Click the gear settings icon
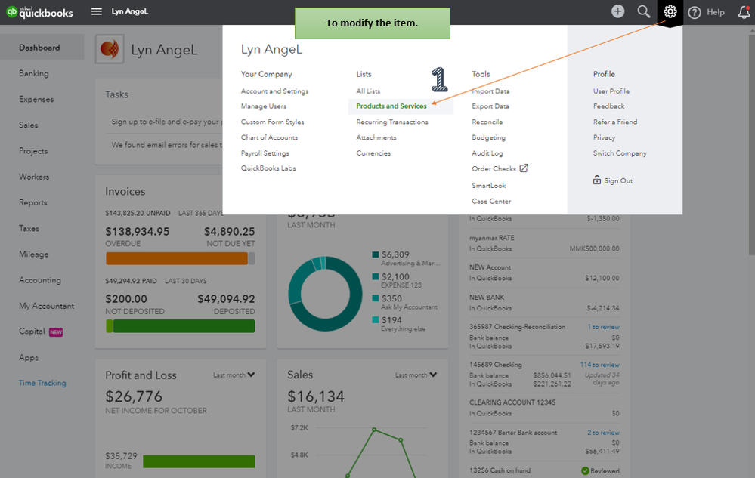tap(670, 11)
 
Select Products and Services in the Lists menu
tap(391, 106)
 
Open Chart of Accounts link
tap(269, 137)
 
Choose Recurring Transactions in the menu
tap(392, 122)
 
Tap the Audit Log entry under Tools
tap(487, 153)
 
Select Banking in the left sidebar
tap(34, 73)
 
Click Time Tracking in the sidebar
tap(42, 384)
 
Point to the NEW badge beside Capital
tap(56, 332)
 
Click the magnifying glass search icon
tap(644, 11)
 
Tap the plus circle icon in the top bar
tap(617, 11)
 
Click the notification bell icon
tap(744, 12)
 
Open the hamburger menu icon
tap(96, 11)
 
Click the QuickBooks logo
tap(39, 12)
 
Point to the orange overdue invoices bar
tap(177, 259)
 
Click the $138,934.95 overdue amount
tap(138, 232)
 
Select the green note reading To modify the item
tap(372, 23)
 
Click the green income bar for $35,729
tap(199, 461)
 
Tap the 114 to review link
tap(599, 365)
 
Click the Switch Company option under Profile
tap(620, 153)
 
